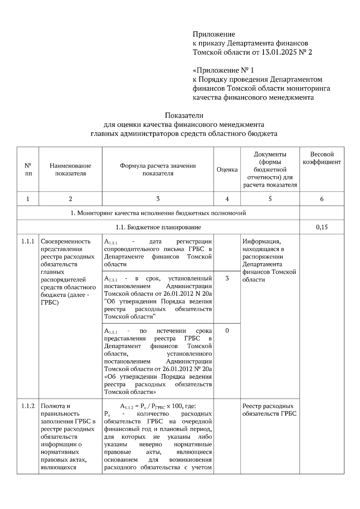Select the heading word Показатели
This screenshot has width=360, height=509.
tap(184, 115)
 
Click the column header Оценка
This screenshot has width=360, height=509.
tap(227, 170)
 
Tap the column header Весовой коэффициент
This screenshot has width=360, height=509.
tap(322, 158)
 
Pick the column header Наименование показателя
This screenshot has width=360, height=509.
tap(70, 169)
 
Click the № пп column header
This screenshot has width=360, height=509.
tap(28, 169)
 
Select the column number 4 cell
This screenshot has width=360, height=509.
tap(227, 199)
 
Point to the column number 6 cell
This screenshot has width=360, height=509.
tap(322, 199)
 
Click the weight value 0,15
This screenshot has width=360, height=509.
tap(322, 227)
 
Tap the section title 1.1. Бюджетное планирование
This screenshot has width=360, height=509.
tap(158, 227)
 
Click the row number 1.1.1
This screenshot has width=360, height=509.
tap(28, 242)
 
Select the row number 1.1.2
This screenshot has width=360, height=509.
tap(28, 406)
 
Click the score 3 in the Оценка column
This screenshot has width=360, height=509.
tap(227, 278)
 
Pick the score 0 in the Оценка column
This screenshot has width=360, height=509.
tap(227, 331)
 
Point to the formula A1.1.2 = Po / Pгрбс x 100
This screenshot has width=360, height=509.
tap(158, 406)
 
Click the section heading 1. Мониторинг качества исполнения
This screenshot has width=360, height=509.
tap(158, 213)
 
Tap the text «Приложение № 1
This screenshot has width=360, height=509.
tap(223, 70)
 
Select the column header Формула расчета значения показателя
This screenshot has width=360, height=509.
tap(158, 169)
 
